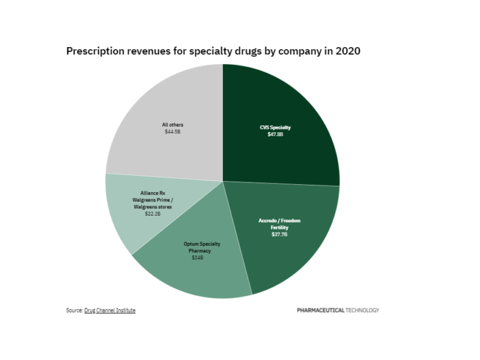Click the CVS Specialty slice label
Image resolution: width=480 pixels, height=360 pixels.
tap(275, 127)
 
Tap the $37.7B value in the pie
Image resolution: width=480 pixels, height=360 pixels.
tap(279, 234)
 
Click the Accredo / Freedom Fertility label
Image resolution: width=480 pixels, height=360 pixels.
tap(279, 224)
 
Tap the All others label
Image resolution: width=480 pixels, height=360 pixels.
tap(173, 124)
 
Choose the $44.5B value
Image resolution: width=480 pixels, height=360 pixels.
tap(173, 131)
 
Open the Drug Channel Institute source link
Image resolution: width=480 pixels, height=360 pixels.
tap(110, 310)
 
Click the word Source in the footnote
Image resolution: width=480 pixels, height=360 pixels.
tap(74, 310)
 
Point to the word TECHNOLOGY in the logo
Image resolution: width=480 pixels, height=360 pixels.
tap(362, 310)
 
